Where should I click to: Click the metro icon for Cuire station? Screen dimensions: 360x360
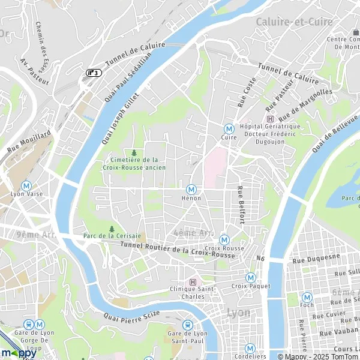pyautogui.click(x=228, y=128)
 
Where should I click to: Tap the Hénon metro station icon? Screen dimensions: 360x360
pyautogui.click(x=191, y=188)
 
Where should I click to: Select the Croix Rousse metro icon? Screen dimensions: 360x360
pyautogui.click(x=224, y=239)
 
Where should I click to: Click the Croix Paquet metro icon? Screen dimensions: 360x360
pyautogui.click(x=250, y=277)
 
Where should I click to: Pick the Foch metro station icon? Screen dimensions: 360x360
pyautogui.click(x=307, y=296)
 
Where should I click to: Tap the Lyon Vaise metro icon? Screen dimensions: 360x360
pyautogui.click(x=26, y=186)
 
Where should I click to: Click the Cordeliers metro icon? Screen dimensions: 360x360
pyautogui.click(x=250, y=348)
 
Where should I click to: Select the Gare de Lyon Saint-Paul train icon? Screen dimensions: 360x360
pyautogui.click(x=187, y=325)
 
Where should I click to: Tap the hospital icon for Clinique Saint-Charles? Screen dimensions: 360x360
pyautogui.click(x=193, y=282)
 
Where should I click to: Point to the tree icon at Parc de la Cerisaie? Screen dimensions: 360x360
pyautogui.click(x=112, y=229)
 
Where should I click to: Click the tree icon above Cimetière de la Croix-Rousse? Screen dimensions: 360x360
pyautogui.click(x=134, y=152)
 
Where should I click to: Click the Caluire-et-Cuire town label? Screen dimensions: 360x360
pyautogui.click(x=286, y=22)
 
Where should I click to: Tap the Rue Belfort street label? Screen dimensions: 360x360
pyautogui.click(x=241, y=205)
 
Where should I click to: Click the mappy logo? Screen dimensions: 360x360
pyautogui.click(x=18, y=353)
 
